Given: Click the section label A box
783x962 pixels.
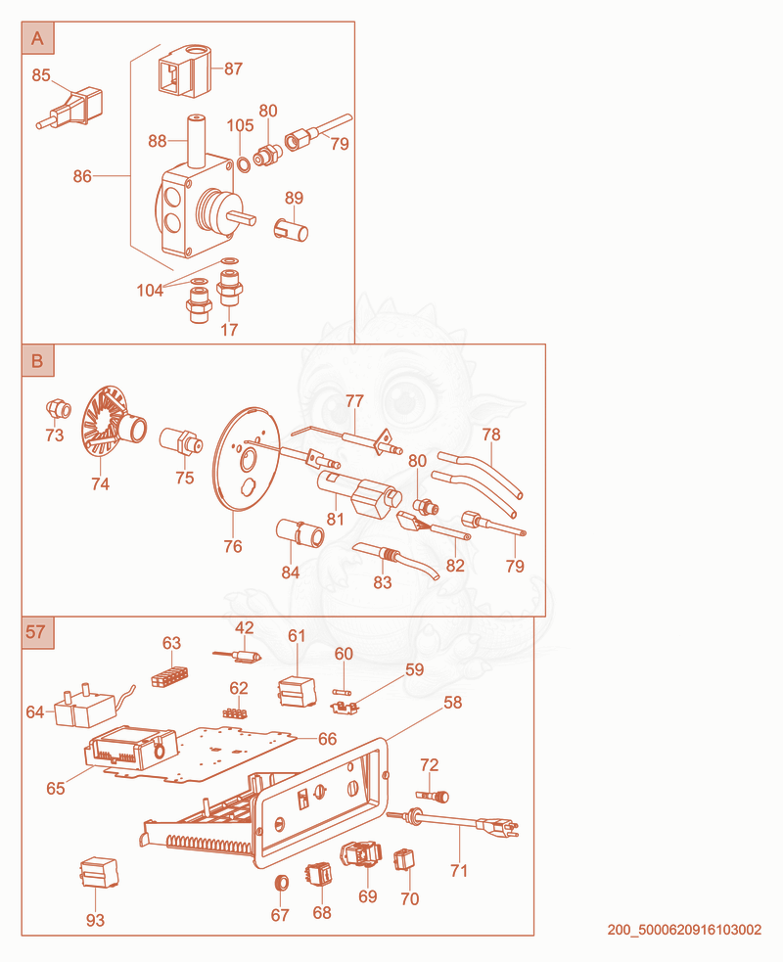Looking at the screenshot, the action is pos(37,38).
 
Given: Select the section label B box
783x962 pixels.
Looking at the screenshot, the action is pos(37,360).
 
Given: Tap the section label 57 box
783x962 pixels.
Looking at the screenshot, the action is pos(37,632).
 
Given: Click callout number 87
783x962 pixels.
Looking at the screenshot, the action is pos(233,69).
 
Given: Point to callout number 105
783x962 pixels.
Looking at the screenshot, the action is pos(240,126).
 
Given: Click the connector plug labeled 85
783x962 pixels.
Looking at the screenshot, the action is pos(69,110).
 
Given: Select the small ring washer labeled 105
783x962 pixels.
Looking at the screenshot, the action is pos(244,163).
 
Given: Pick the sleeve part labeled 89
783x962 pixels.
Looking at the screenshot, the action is pos(291,230).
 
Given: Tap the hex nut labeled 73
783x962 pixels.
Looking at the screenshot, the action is pos(59,408).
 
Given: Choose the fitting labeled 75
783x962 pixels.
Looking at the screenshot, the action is pos(181,440).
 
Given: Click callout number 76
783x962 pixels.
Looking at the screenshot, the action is pos(233,546).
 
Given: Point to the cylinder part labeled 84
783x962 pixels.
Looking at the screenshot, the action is pos(300,532).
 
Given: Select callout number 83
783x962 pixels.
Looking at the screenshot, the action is pos(383,582).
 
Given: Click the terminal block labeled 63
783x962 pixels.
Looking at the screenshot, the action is pos(170,675).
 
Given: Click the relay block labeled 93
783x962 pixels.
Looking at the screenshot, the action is pos(99,872).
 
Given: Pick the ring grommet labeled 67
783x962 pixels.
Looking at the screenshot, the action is pos(281,883).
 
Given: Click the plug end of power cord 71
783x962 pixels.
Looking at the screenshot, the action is pos(502,828).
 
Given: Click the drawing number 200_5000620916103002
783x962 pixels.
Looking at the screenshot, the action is pos(684,930).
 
